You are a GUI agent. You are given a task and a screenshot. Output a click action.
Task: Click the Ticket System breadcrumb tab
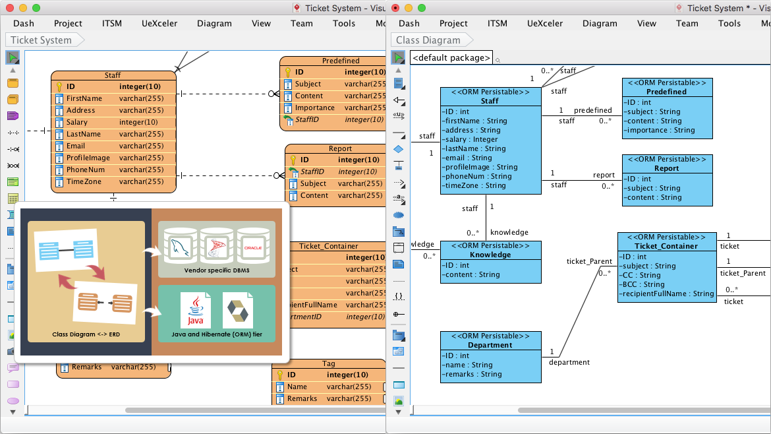coord(42,40)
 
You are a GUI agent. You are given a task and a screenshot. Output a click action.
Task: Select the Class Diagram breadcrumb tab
coord(428,40)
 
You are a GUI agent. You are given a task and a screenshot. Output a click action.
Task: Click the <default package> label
coord(451,58)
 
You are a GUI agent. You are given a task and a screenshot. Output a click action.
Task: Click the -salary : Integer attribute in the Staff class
coord(471,139)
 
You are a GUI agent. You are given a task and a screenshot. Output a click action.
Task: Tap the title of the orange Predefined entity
coord(341,61)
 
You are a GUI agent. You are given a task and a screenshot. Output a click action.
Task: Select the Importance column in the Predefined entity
coord(314,108)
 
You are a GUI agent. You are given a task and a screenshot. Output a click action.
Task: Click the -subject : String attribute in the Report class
coord(653,188)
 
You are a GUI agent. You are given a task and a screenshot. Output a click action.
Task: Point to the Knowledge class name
coord(490,255)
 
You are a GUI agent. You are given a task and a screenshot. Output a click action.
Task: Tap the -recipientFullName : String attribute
coord(666,294)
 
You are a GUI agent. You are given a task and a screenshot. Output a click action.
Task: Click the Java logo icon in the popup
coord(196,311)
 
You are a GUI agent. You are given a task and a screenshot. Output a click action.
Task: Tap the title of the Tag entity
coord(329,363)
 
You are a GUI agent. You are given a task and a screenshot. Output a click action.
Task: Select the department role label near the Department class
coord(569,362)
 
